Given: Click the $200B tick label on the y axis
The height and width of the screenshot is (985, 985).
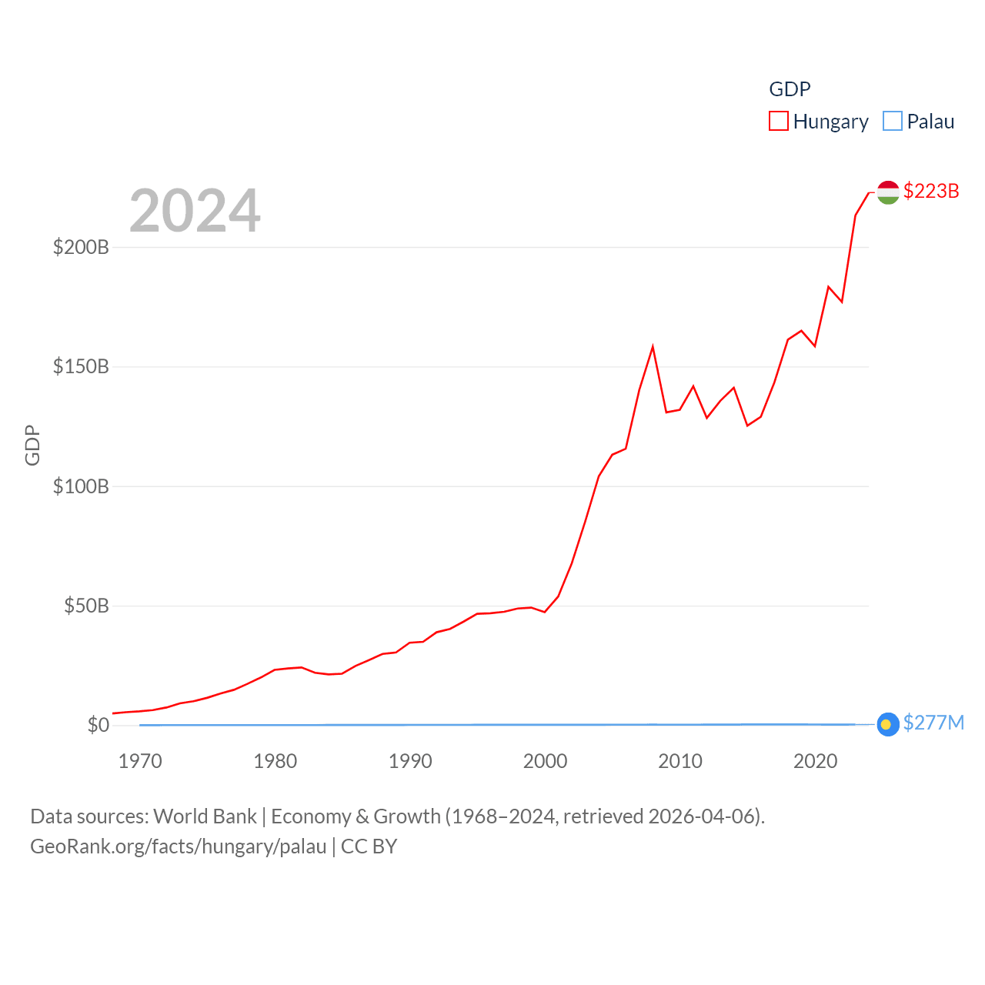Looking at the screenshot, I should pos(81,247).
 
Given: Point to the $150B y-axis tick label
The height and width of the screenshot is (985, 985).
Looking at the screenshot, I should pos(81,366).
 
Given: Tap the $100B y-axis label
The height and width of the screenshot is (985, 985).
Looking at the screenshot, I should pos(81,486).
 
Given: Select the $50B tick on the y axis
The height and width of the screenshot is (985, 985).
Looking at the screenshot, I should pos(86,606).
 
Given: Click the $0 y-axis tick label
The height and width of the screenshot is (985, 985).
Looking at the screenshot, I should pos(98,725).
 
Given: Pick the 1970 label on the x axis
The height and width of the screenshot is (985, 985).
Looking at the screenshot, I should pos(140,761).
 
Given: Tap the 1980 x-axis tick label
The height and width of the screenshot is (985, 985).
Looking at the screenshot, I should pos(275,761).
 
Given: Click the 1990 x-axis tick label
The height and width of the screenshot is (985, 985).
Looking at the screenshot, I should pos(410,761).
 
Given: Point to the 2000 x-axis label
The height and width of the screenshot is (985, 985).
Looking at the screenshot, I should pos(545,761).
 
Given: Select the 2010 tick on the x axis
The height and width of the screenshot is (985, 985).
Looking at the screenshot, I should pos(680,761).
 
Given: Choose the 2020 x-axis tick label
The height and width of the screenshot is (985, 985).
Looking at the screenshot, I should pos(815,761).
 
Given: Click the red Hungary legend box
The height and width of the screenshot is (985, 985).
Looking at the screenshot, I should pos(779,122).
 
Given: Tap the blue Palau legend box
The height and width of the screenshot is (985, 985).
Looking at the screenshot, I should pos(893,122).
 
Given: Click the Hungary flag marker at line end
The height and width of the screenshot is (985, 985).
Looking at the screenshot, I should pos(888,192).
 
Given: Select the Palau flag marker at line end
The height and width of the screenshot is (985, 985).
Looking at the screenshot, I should pos(888,724).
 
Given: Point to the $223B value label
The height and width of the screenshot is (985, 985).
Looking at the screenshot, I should pos(931,191).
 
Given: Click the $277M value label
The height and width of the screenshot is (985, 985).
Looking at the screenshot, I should pos(933,723).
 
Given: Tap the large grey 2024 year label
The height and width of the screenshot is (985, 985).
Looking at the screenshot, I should pos(195,211).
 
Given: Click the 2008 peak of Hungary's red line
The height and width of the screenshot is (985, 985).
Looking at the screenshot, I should pos(653,347).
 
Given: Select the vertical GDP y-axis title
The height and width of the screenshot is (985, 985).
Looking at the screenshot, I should pos(32,445).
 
